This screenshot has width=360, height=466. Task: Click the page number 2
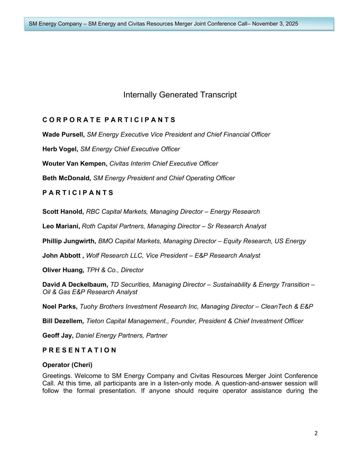point(316,433)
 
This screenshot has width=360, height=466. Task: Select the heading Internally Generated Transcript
point(180,95)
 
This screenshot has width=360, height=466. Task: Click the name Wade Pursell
point(63,135)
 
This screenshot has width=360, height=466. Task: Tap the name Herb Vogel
point(60,149)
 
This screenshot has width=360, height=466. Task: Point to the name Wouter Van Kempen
point(74,164)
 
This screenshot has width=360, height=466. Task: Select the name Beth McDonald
point(66,178)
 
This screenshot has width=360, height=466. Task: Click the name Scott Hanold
point(63,212)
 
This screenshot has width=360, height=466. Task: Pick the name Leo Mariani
point(61,226)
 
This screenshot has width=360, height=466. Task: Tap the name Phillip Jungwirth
point(69,241)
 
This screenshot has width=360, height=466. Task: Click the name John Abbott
point(61,256)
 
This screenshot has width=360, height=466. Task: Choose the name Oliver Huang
point(63,270)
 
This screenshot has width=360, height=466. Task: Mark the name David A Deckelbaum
point(75,285)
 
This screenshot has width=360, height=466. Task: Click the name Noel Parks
point(60,307)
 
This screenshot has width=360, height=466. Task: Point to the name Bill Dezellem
point(62,321)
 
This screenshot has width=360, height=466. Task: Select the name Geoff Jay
point(58,336)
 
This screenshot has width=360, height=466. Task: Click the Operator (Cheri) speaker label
point(67,365)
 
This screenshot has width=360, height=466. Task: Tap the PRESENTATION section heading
point(79,350)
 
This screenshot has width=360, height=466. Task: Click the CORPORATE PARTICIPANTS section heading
point(109,120)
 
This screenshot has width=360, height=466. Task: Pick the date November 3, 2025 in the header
point(275,24)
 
